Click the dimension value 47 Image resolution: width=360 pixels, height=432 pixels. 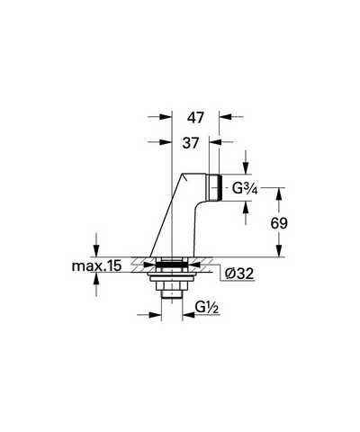coord(195,118)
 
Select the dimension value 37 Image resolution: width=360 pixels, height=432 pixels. coord(191,143)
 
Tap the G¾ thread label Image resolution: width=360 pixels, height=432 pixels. coord(245,189)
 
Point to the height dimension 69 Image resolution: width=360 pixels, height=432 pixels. coord(279,223)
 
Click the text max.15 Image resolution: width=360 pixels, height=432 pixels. coord(96,265)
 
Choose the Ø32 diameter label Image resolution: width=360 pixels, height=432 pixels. coord(239,274)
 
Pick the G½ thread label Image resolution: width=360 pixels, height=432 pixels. coord(207,308)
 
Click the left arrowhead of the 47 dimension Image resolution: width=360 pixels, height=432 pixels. coord(165,117)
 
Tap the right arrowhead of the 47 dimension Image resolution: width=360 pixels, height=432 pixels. coord(225,117)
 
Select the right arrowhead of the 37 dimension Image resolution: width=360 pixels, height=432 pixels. coord(215,142)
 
